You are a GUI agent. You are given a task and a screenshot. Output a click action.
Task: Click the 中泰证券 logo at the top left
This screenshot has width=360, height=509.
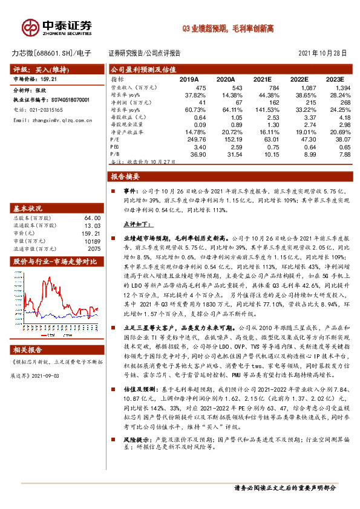click(x=57, y=28)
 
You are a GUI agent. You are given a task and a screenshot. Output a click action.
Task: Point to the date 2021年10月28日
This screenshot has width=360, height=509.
click(x=322, y=53)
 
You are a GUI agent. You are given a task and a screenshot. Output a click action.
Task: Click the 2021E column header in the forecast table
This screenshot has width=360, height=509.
click(x=262, y=79)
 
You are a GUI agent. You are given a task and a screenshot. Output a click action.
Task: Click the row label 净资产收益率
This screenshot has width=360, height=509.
click(x=127, y=131)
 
